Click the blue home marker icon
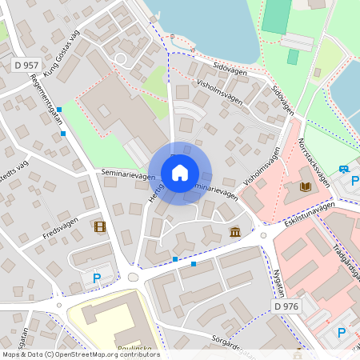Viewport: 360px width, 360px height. pos(179,173)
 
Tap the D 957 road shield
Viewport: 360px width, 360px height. pos(26,63)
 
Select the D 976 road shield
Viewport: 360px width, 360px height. pos(286,306)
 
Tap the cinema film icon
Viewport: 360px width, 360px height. pos(99,226)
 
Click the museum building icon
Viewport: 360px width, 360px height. pos(235,232)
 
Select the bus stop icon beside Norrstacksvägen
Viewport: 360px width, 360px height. pos(343,169)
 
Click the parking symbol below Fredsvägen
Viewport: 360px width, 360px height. pos(97,278)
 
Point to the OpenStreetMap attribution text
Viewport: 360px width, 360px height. pos(80,354)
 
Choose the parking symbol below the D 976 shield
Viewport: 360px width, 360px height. pos(342,332)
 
